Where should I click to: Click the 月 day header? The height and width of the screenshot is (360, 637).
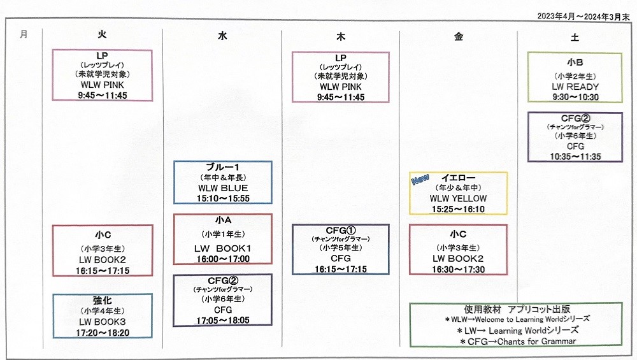tap(24, 34)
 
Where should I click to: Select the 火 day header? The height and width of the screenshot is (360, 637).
tap(102, 35)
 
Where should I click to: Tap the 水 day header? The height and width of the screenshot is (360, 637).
tap(222, 37)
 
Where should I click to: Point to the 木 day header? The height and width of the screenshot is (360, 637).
tap(341, 37)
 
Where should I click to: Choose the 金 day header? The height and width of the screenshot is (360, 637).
tap(459, 37)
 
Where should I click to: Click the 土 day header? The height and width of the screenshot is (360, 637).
tap(575, 37)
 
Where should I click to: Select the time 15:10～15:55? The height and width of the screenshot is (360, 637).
tap(223, 198)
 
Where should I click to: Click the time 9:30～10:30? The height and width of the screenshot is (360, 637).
tap(575, 97)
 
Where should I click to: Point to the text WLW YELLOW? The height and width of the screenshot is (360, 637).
tap(458, 198)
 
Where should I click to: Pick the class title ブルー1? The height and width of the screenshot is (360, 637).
tap(223, 167)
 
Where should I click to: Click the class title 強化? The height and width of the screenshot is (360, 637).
tap(103, 300)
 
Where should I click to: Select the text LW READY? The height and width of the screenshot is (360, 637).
tap(575, 87)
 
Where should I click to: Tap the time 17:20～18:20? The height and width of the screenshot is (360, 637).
tap(103, 332)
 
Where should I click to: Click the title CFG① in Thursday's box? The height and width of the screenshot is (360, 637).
tap(341, 229)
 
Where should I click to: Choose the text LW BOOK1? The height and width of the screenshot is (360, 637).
tap(223, 248)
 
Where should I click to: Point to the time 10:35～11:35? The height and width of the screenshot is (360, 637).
tap(575, 157)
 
